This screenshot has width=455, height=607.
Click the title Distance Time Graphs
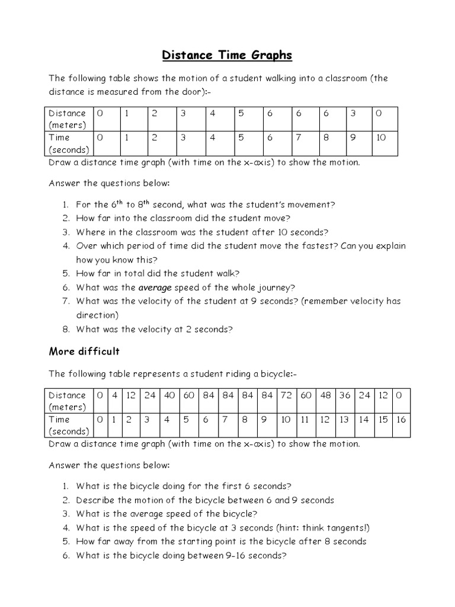pyautogui.click(x=227, y=56)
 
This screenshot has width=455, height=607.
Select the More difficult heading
pyautogui.click(x=84, y=352)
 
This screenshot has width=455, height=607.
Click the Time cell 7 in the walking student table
pyautogui.click(x=299, y=138)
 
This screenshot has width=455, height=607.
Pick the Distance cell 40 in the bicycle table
pyautogui.click(x=170, y=395)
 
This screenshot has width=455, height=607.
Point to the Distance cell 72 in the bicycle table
pyautogui.click(x=286, y=395)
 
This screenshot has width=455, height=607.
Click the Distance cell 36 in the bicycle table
pyautogui.click(x=344, y=395)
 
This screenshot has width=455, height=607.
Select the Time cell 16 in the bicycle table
pyautogui.click(x=401, y=420)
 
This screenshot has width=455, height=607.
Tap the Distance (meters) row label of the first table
pyautogui.click(x=67, y=119)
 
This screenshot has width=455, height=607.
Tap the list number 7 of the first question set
pyautogui.click(x=67, y=301)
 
